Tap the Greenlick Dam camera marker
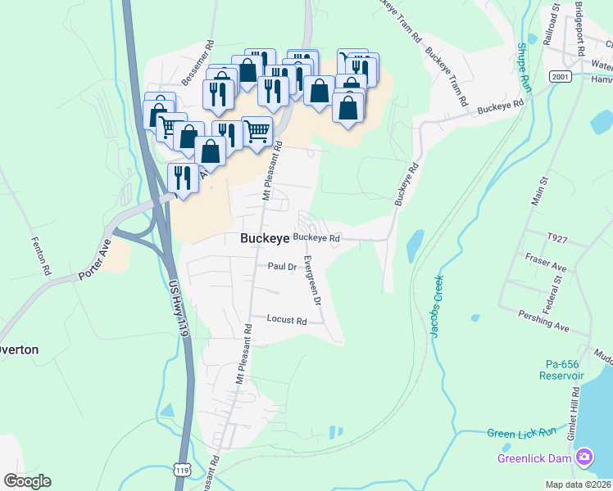pyautogui.click(x=584, y=457)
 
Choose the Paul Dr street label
pyautogui.click(x=281, y=266)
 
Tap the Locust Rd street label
pyautogui.click(x=286, y=321)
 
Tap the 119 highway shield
pyautogui.click(x=183, y=470)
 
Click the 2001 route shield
pyautogui.click(x=561, y=77)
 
